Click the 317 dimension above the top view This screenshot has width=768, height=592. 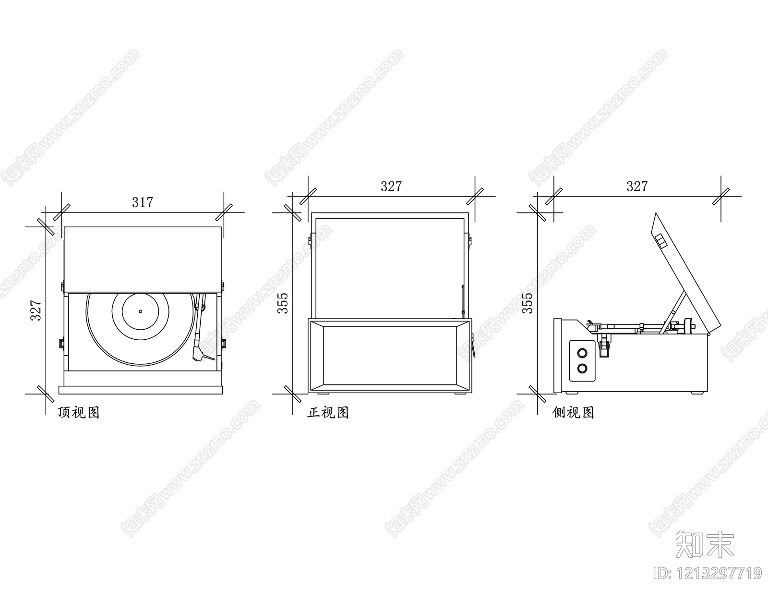tap(143, 202)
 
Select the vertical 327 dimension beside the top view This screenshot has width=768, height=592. tap(36, 310)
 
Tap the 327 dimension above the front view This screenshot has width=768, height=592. tap(391, 186)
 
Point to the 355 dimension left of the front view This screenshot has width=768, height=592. tap(283, 303)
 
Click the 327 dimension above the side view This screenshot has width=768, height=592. tap(637, 186)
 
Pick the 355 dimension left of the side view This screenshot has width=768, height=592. tap(528, 303)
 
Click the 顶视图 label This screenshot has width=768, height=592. tap(79, 412)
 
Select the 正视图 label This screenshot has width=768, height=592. tap(328, 412)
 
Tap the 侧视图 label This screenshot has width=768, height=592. tap(573, 412)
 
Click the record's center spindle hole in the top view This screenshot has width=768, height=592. tap(140, 311)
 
